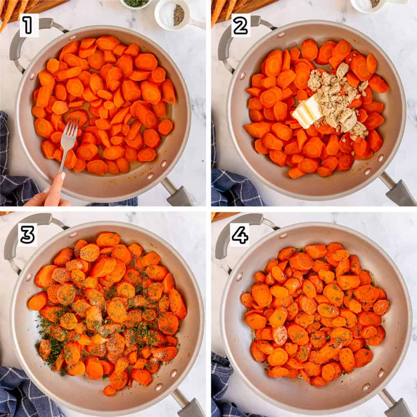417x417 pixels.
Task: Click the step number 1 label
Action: coord(29,25)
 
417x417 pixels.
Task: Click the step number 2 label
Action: coord(241,25)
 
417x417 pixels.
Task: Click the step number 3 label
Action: coord(27,235)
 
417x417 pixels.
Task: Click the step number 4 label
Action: coord(240,235)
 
